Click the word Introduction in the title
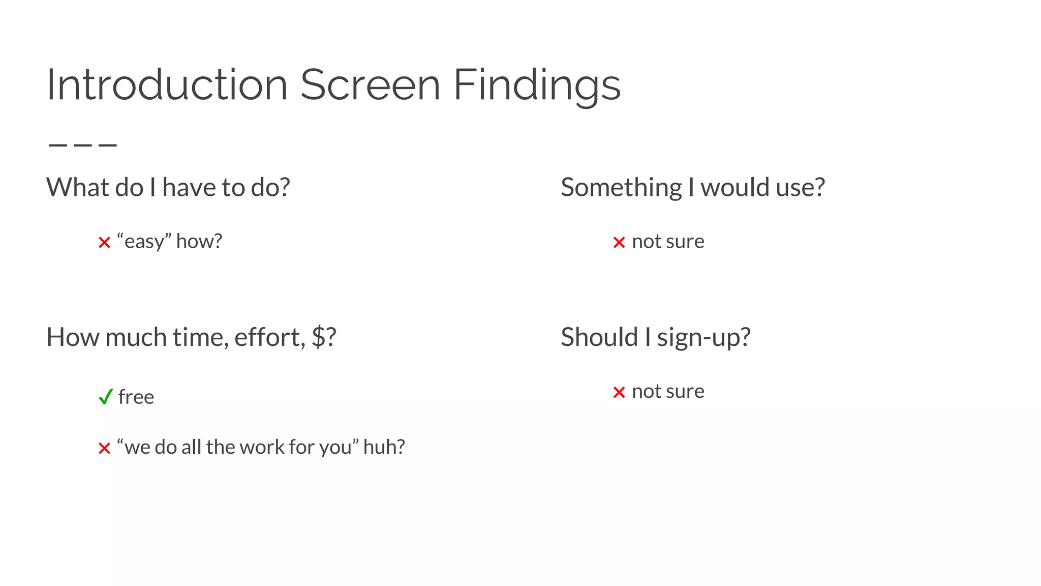(x=167, y=85)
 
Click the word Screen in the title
(x=370, y=85)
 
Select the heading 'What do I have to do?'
(x=168, y=187)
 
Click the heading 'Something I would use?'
(x=692, y=187)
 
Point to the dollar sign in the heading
(x=318, y=337)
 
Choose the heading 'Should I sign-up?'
(x=655, y=337)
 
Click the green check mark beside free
(x=105, y=397)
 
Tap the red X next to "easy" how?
(x=104, y=243)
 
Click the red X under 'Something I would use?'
(x=619, y=243)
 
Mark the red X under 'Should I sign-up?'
(x=619, y=393)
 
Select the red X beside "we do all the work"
(x=104, y=449)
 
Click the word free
(x=136, y=397)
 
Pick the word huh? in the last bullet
(x=384, y=447)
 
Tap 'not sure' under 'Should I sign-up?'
(x=668, y=392)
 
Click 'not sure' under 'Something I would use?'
(x=668, y=242)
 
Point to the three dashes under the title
(x=82, y=145)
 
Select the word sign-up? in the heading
(x=703, y=338)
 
